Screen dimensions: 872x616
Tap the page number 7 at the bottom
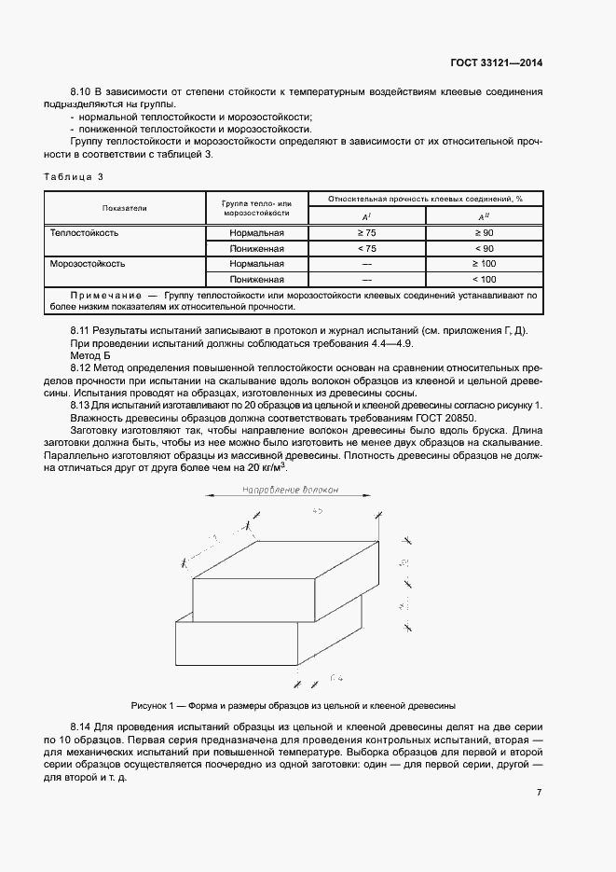539,791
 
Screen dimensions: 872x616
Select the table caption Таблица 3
74,176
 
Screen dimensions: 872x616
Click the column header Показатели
125,207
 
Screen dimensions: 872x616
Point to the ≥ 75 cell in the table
366,233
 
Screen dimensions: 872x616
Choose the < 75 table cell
366,249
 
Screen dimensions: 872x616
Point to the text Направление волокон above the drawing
289,491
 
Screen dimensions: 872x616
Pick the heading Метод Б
90,356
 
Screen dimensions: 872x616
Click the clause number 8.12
81,368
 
